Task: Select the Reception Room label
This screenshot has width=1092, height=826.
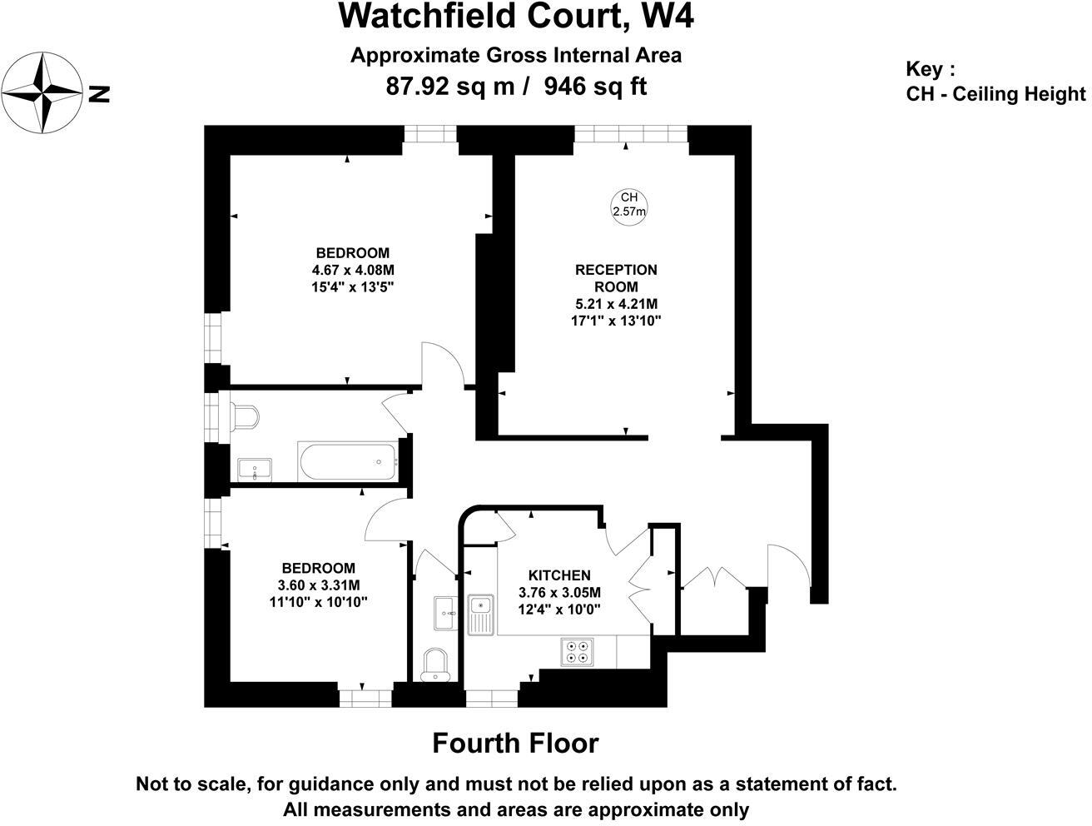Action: pos(616,278)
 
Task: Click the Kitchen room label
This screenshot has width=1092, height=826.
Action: pos(559,575)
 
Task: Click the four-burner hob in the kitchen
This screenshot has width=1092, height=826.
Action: pos(578,651)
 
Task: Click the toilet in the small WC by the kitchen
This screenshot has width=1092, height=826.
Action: pos(434,665)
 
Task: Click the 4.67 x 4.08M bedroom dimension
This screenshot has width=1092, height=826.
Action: pos(352,270)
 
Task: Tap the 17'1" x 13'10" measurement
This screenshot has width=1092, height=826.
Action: pos(616,321)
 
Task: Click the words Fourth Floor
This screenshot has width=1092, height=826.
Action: pos(515,743)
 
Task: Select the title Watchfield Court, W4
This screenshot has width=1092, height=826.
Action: pos(515,16)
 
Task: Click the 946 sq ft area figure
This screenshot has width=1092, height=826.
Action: pos(595,87)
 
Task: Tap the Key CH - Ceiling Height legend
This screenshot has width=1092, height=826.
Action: pos(995,82)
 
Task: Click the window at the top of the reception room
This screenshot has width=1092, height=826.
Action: pos(630,134)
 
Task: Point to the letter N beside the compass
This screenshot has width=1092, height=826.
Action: pos(99,94)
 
